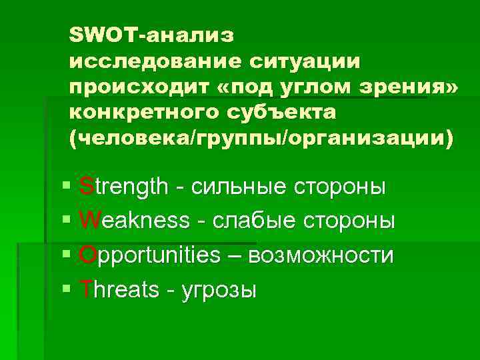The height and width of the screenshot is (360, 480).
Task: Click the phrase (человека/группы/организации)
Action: coord(260,139)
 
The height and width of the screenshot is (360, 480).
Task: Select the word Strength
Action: coord(123,186)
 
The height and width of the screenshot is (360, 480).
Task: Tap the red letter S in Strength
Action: coord(85,186)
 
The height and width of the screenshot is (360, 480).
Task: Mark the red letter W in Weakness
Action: coord(89,220)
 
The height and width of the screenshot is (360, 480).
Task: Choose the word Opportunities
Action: coord(149,255)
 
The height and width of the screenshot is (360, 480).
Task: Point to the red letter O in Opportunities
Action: coord(87,255)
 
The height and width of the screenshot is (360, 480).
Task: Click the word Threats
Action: coord(119,289)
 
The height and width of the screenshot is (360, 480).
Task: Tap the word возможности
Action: coord(320,255)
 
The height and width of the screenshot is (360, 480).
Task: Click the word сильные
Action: coord(237,187)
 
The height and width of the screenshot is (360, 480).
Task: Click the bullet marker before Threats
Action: coord(65,290)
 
